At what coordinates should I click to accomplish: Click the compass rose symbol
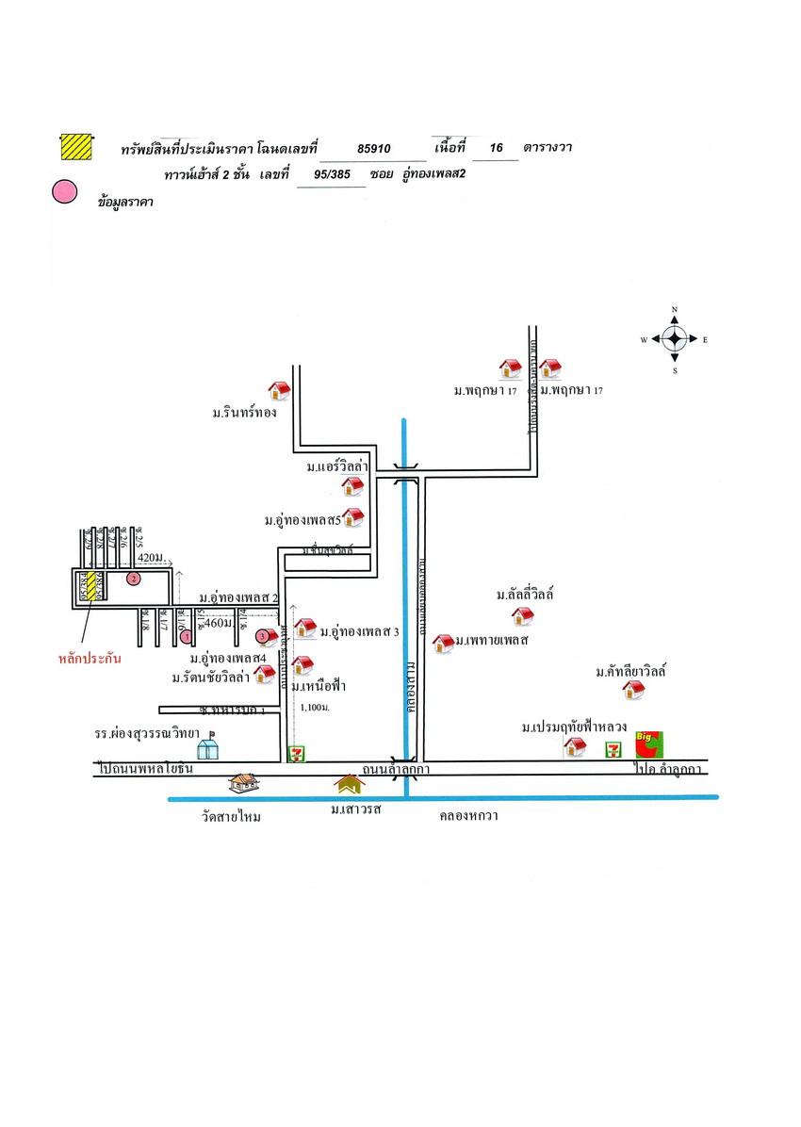675,339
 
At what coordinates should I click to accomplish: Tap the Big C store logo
647,744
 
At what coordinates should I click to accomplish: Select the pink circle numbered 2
134,579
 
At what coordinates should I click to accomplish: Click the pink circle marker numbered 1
186,637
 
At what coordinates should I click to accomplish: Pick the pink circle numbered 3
262,637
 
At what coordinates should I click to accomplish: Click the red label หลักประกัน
90,659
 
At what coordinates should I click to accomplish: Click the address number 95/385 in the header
331,174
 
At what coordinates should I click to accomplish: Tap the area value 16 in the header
497,148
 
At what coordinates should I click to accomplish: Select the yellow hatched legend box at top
74,147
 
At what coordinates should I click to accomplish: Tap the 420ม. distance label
150,557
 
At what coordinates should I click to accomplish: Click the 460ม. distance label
218,623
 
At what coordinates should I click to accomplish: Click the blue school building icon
207,749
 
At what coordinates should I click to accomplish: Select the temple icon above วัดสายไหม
243,783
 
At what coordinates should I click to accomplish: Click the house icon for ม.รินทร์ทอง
279,390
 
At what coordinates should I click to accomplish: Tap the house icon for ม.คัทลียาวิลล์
633,691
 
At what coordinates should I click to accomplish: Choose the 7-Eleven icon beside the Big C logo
613,749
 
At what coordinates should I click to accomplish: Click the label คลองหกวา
468,816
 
